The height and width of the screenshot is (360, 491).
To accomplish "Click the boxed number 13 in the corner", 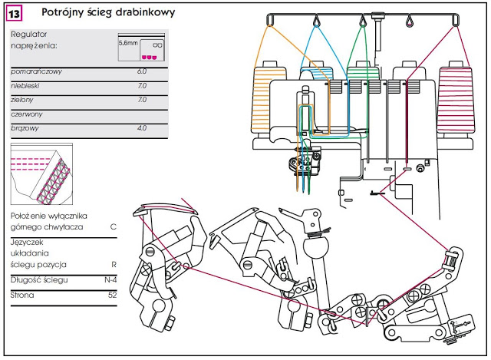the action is pyautogui.click(x=14, y=14).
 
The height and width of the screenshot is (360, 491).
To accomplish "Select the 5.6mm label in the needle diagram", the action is pyautogui.click(x=128, y=43).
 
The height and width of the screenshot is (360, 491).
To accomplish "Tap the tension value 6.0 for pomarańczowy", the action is pyautogui.click(x=141, y=71).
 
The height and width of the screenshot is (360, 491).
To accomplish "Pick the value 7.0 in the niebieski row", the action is pyautogui.click(x=142, y=85).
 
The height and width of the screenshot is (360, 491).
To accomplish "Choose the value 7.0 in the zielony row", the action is pyautogui.click(x=142, y=100).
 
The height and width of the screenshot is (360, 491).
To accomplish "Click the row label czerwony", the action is pyautogui.click(x=26, y=114).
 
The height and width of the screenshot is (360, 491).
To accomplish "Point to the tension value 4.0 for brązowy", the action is pyautogui.click(x=141, y=128).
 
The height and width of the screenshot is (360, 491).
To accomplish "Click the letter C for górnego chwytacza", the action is pyautogui.click(x=114, y=226).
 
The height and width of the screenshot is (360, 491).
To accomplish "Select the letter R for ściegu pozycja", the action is pyautogui.click(x=114, y=265).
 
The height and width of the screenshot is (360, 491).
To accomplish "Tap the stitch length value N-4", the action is pyautogui.click(x=110, y=280).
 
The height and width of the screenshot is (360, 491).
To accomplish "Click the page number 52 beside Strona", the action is pyautogui.click(x=112, y=295).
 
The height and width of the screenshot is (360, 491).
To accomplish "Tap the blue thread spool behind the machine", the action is pyautogui.click(x=316, y=73).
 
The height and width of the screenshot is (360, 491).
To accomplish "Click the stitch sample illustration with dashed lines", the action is pyautogui.click(x=41, y=174).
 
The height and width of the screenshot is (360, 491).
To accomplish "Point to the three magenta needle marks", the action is pyautogui.click(x=149, y=58).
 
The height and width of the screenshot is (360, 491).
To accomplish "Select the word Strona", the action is pyautogui.click(x=22, y=295).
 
